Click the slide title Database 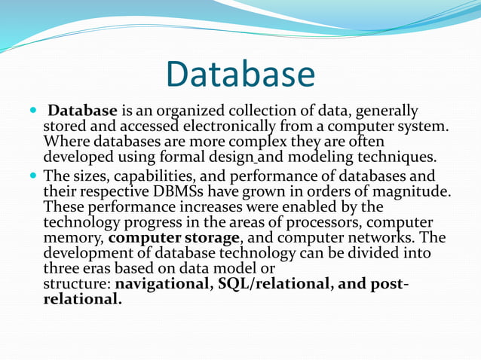[240, 75]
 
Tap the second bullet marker [32, 176]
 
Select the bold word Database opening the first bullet [82, 111]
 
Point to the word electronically [274, 127]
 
